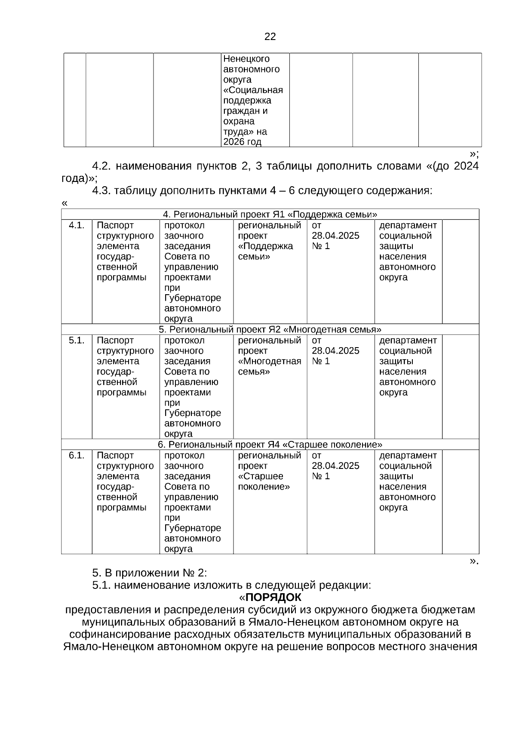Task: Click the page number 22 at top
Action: pos(270,37)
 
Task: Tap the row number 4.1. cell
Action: pos(76,225)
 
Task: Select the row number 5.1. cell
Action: pos(76,340)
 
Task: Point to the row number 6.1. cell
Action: pos(76,455)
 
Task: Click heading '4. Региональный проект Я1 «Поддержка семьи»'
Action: pos(270,214)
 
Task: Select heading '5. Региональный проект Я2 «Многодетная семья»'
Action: pos(270,330)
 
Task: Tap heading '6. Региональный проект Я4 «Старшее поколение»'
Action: pos(270,444)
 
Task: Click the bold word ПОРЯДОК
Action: pos(273,598)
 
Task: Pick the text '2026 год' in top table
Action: pos(242,142)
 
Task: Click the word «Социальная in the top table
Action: pos(253,90)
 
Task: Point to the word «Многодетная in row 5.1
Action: pos(269,361)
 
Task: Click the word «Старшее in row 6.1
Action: pos(261,476)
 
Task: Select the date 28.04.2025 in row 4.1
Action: pos(335,236)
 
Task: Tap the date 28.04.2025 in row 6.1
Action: pos(335,466)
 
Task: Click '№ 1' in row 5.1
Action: pos(320,361)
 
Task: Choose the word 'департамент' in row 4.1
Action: pos(408,225)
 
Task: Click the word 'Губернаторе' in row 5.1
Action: pos(193,413)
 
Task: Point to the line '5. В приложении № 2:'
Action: pos(149,573)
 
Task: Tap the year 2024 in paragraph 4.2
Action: pos(466,166)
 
